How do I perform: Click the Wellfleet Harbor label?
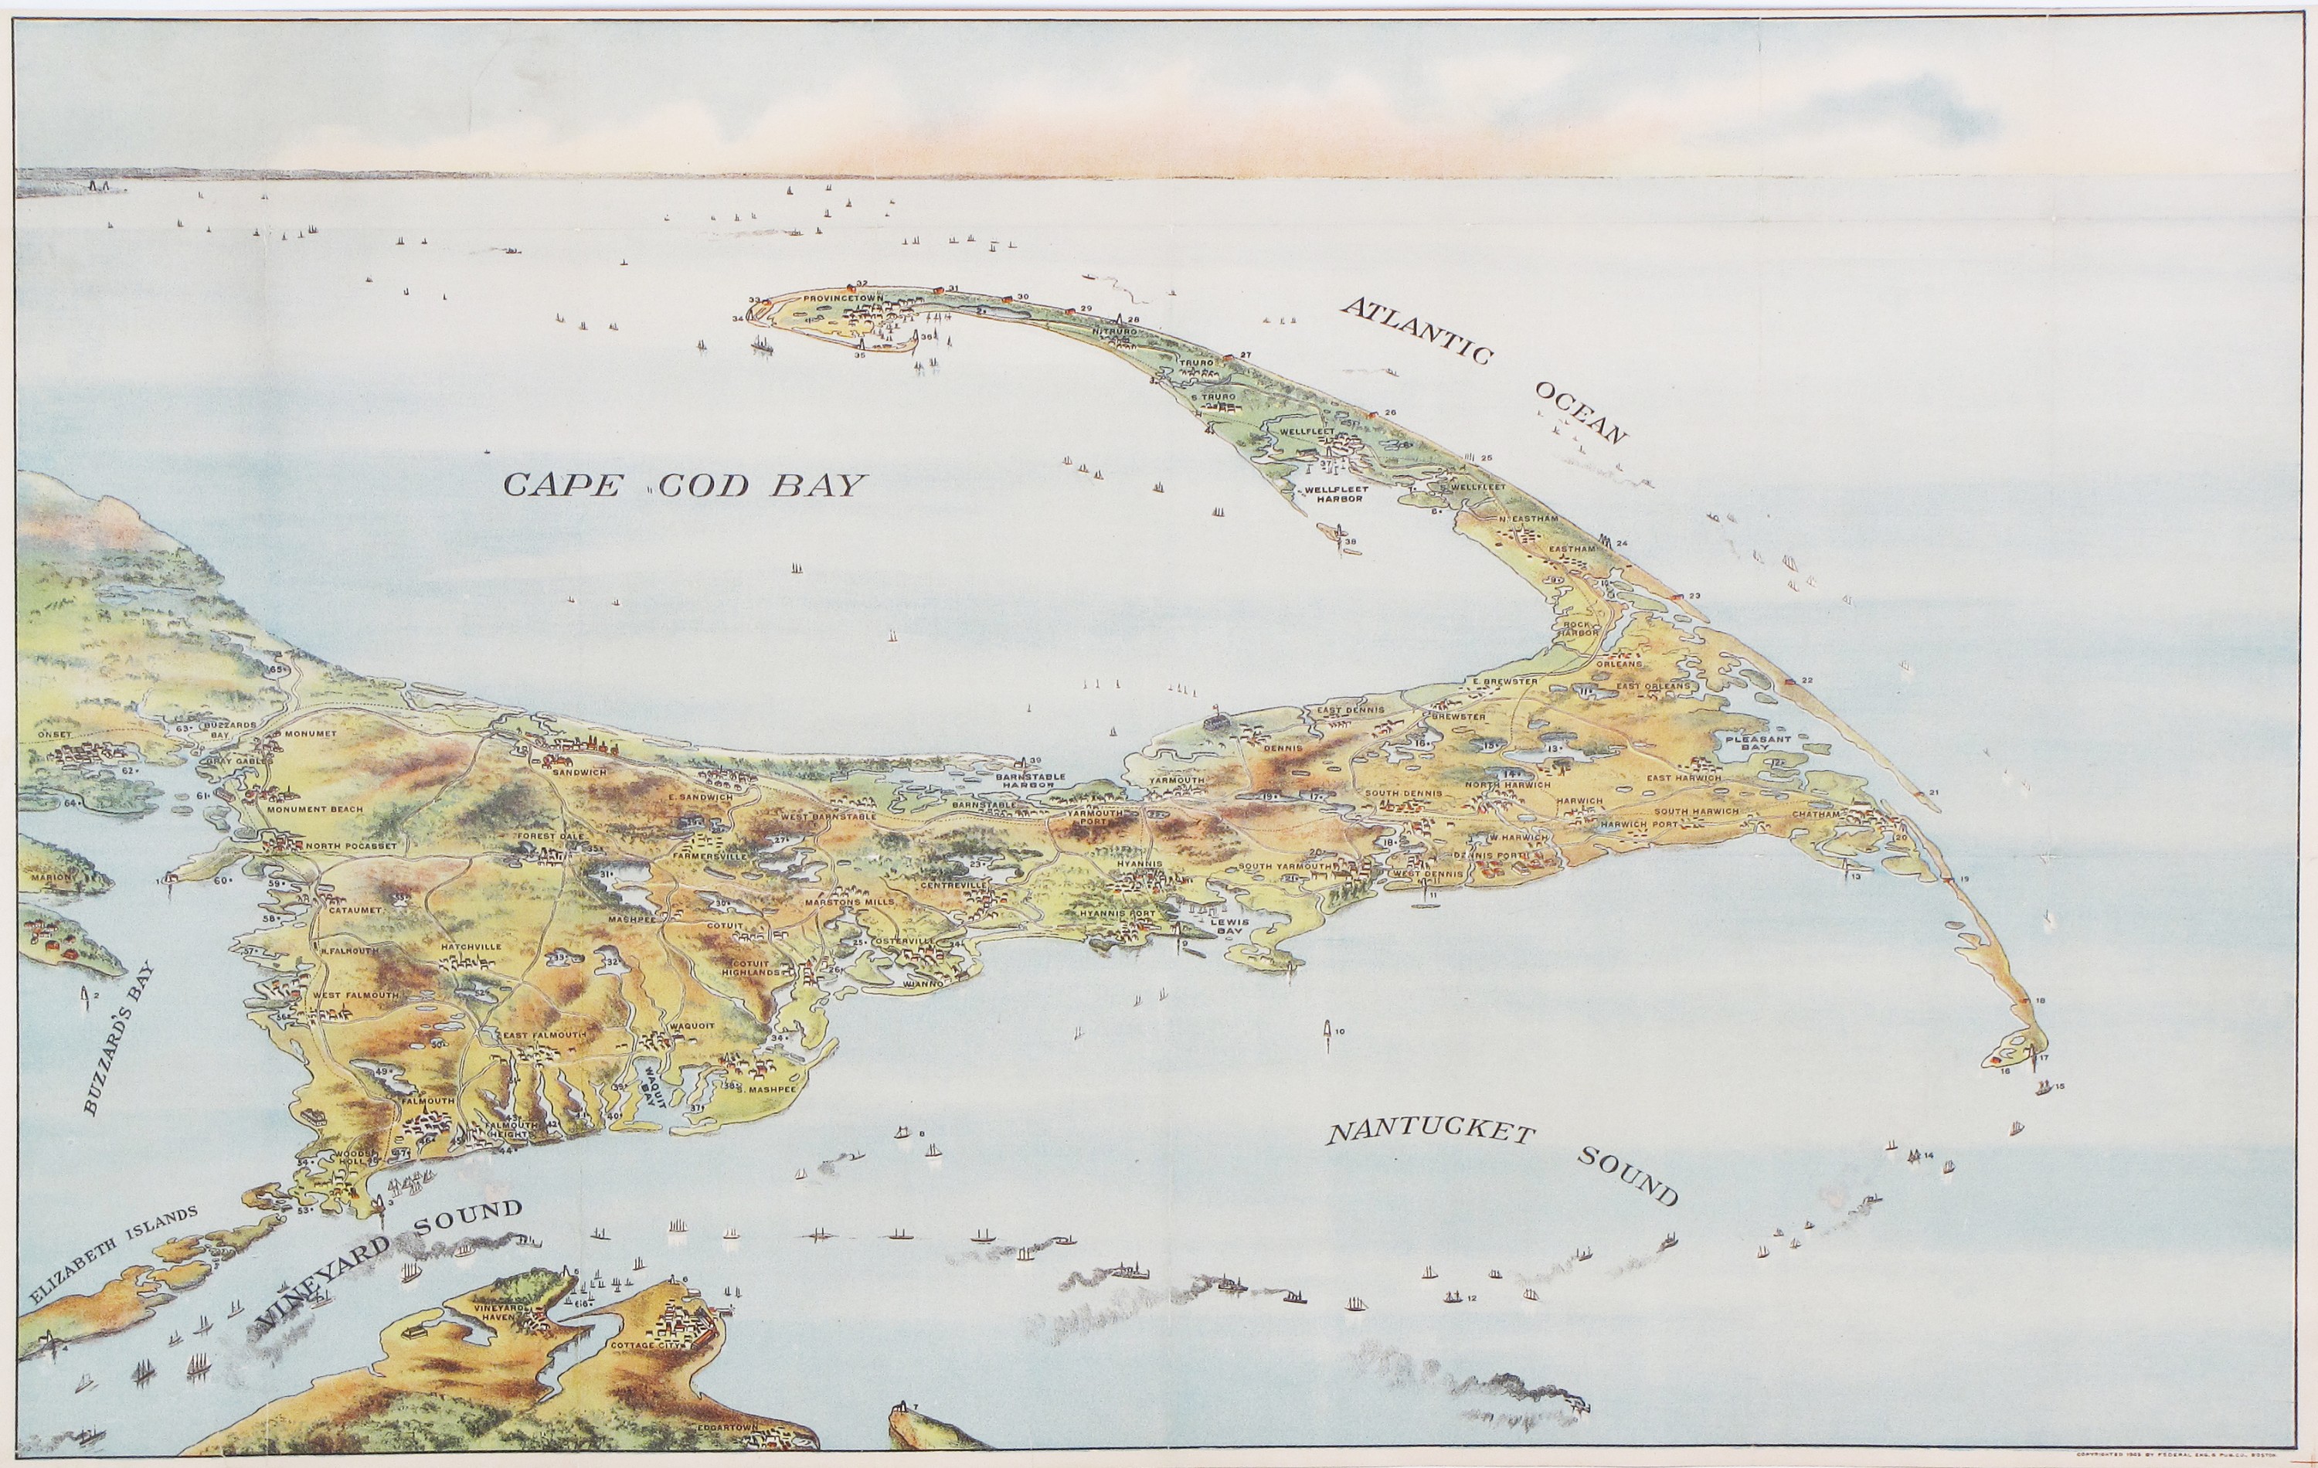coord(1334,494)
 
